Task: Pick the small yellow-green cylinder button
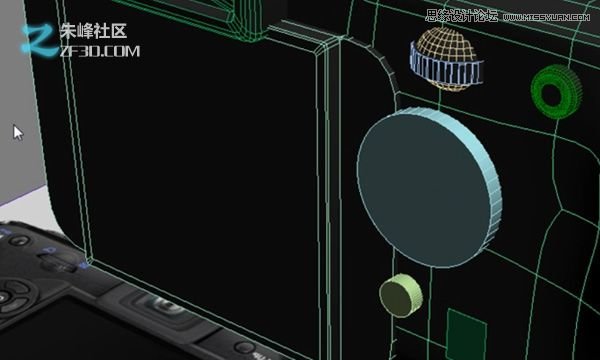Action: click(x=400, y=293)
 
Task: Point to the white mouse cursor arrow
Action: click(x=17, y=131)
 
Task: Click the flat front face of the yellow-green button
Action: click(x=395, y=294)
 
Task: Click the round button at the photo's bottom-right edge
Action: click(x=247, y=349)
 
